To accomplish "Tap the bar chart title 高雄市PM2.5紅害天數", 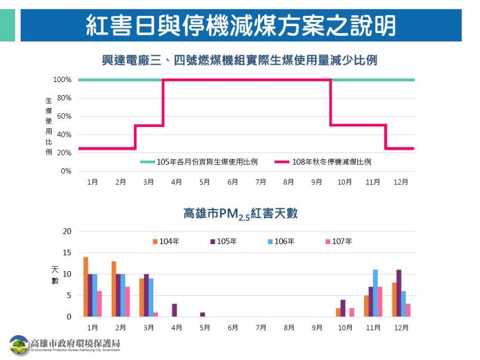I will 241,213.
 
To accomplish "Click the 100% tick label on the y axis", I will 62,80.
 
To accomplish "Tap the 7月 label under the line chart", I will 261,182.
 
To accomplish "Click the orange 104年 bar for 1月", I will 86,287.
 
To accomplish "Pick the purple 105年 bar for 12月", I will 399,293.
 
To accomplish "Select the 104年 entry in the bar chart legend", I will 166,241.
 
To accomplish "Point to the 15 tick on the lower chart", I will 67,252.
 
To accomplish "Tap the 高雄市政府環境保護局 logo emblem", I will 19,344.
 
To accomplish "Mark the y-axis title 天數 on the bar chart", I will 54,274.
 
